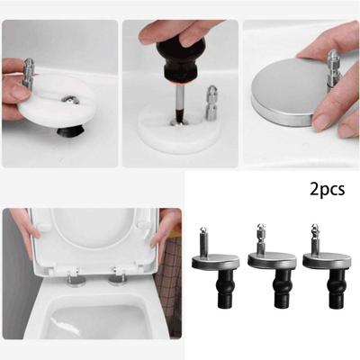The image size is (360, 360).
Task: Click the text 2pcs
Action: click(x=327, y=191)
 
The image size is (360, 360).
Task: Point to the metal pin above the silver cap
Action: click(x=332, y=67)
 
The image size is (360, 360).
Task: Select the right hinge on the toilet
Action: click(x=116, y=279)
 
